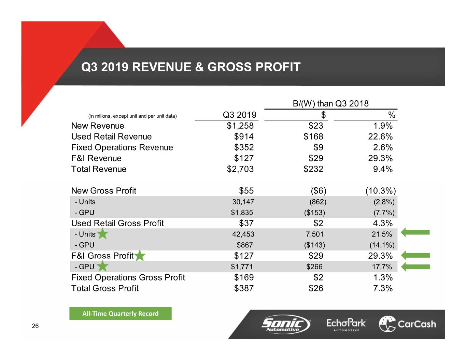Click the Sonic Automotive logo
286,323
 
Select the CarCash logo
407,324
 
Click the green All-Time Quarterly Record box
120,314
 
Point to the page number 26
35,326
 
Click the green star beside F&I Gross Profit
140,256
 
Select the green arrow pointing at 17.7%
415,267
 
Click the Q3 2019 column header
239,115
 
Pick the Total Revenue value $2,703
240,169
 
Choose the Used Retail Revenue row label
111,137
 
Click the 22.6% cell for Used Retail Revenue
380,137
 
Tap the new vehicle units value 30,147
243,202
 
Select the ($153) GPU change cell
314,213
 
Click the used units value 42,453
243,234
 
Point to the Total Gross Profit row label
105,288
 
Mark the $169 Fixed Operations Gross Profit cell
244,277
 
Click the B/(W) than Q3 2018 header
330,104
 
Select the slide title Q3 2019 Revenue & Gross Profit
191,67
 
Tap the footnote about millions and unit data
132,116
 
